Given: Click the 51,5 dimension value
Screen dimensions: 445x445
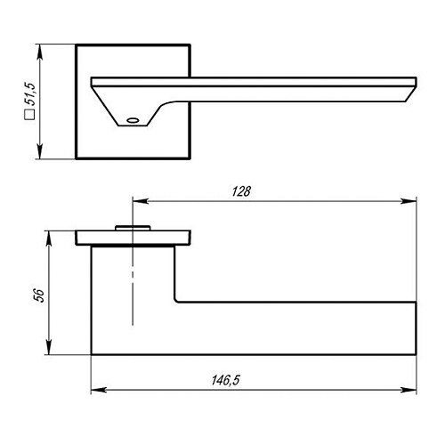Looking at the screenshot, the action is (30, 93).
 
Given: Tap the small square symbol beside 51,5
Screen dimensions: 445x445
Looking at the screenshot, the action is (29, 115).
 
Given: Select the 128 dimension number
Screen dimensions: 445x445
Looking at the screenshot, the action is (241, 191).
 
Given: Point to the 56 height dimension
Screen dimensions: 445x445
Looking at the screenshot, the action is (39, 295).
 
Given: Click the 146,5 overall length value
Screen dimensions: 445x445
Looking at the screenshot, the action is (225, 380).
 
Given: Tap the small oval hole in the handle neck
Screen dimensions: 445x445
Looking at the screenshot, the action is (133, 120).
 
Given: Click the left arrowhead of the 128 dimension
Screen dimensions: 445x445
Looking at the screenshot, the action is (140, 201).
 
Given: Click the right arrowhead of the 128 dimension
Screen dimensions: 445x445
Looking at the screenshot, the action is (409, 201).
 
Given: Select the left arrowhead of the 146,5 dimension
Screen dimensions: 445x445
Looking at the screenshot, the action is (99, 390).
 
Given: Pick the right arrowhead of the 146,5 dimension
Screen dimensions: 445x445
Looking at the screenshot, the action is (409, 390).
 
